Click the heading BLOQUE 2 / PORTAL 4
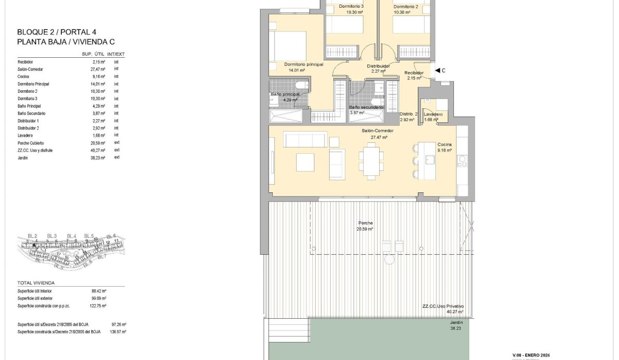54,32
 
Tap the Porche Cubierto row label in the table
31,142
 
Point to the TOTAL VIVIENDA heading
36,283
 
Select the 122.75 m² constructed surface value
99,305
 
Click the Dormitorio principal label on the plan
304,64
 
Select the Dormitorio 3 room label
351,7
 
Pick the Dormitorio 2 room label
405,7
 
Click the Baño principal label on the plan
285,95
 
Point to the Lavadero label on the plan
432,114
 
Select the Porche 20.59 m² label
365,225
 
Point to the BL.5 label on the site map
89,236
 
